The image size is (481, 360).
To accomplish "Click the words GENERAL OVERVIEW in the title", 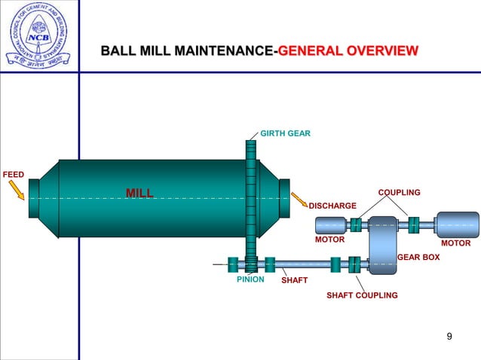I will tap(348, 51).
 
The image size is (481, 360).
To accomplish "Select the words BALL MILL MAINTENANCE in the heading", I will tap(188, 51).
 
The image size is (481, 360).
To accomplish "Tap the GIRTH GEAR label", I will tap(285, 133).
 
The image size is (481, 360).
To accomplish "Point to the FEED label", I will tap(13, 175).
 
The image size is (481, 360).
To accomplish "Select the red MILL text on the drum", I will tap(139, 194).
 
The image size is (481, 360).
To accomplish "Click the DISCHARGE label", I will tap(332, 206).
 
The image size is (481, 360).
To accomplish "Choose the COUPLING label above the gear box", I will tap(399, 193).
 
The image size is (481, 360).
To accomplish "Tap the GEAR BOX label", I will tap(418, 258).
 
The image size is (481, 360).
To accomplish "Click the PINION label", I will tap(250, 279).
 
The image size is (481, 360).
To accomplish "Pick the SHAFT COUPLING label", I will tap(361, 295).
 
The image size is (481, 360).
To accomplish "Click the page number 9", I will tap(449, 336).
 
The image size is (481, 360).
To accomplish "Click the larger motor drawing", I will tap(457, 224).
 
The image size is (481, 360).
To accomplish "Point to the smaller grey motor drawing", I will tap(329, 224).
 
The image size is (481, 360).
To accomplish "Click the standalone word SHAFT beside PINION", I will tap(294, 280).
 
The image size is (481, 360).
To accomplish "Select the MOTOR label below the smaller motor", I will tap(329, 240).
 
